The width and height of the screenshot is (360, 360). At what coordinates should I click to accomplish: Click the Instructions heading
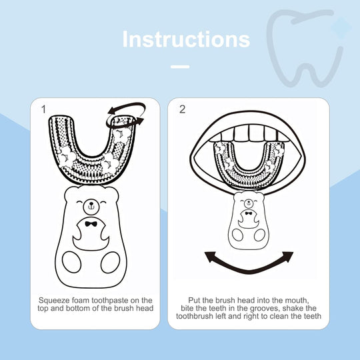pos(186,39)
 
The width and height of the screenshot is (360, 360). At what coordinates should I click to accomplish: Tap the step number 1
pos(43,109)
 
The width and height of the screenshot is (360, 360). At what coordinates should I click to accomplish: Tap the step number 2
pos(182,109)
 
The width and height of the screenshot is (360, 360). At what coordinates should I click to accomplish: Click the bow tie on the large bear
pos(91,224)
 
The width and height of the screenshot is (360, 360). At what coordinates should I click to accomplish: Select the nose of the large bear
pos(91,203)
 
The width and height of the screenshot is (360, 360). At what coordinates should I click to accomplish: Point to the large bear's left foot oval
pos(71,262)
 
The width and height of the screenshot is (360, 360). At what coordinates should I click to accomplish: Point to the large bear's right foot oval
pos(111,262)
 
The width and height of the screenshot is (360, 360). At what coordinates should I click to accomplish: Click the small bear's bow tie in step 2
pos(249,213)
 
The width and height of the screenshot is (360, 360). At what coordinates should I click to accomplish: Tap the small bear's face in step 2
pos(249,202)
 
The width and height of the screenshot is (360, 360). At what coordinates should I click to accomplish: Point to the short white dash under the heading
pos(180,67)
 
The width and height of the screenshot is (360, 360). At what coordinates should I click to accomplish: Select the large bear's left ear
pos(70,193)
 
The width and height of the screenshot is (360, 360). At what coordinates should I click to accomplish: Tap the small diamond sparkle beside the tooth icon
pos(341,27)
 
